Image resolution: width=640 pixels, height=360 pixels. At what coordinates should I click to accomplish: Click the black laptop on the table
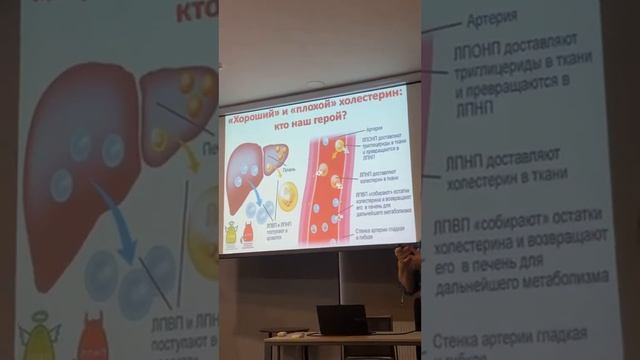343,320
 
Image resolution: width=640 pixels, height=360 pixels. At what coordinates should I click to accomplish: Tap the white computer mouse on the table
282,334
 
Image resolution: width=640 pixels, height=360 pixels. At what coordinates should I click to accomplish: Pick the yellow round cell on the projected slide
287,195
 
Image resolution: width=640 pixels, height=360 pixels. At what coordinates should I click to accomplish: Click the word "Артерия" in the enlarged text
492,20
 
